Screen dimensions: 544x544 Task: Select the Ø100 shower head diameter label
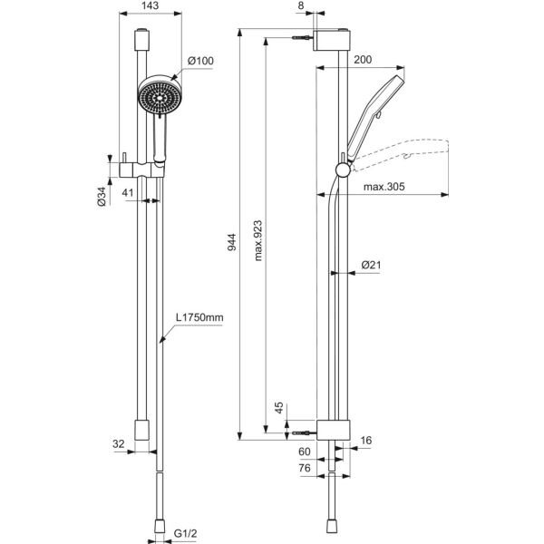point(200,61)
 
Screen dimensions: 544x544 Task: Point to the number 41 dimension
point(128,193)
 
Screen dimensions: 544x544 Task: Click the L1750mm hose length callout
point(199,318)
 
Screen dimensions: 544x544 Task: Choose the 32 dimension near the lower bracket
point(119,444)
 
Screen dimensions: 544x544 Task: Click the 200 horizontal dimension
point(364,59)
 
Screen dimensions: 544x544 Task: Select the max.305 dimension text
point(384,187)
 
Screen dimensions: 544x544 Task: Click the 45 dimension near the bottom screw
point(280,407)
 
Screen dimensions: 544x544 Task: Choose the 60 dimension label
point(305,452)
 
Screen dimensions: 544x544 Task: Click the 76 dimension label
point(305,468)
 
